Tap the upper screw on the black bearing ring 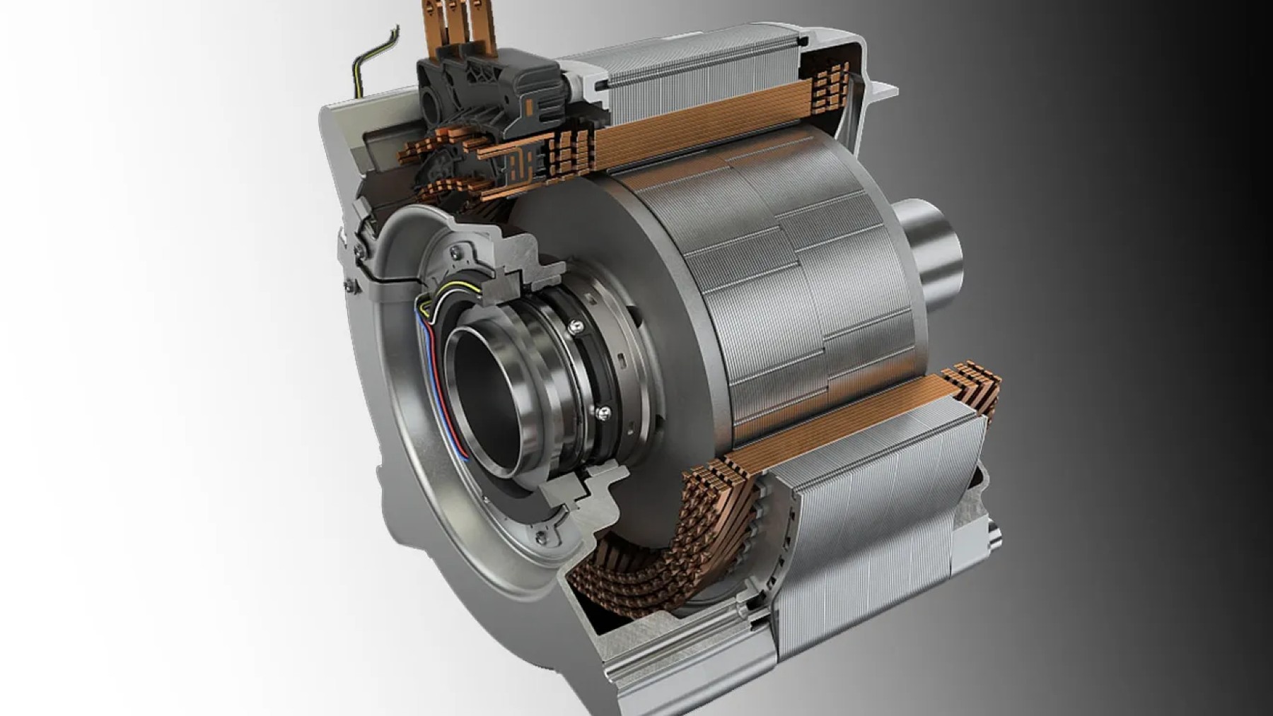click(x=575, y=326)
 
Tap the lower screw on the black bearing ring click(x=603, y=411)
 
